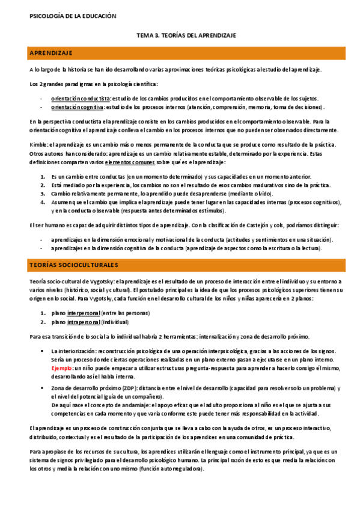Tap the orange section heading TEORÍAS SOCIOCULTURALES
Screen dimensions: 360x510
point(74,265)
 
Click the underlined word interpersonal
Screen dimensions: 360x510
point(84,313)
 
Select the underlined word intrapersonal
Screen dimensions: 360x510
point(84,322)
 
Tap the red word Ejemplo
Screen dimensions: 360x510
point(62,367)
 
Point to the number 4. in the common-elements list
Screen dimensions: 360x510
point(43,203)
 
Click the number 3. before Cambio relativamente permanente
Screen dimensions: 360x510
point(43,194)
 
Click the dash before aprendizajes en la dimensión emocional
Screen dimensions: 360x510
point(41,239)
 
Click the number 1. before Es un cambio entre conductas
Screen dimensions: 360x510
point(43,177)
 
